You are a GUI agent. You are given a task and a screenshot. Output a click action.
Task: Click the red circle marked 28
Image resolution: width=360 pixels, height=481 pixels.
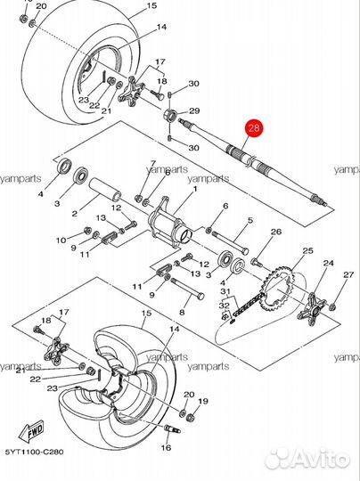253,127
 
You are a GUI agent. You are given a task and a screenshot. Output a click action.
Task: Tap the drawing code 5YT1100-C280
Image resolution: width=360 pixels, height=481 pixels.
35,452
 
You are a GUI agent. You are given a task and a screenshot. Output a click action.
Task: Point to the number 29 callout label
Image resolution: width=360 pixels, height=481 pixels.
194,110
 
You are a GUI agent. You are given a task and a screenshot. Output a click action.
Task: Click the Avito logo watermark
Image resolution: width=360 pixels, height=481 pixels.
307,460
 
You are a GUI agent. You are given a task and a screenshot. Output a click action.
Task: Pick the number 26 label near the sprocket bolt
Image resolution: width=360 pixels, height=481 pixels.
276,232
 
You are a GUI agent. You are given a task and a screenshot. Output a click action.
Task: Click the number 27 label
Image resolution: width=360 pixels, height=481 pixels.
348,274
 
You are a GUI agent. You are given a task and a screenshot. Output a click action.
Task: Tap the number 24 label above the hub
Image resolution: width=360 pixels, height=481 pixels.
328,263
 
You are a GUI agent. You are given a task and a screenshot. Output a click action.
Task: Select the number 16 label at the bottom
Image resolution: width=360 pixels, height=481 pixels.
166,447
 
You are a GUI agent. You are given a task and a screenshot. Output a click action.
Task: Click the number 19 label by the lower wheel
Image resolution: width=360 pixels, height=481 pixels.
203,401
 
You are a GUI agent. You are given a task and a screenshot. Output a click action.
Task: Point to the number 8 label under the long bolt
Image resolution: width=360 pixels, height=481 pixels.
182,313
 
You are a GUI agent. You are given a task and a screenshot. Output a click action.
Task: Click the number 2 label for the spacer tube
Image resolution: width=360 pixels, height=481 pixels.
75,213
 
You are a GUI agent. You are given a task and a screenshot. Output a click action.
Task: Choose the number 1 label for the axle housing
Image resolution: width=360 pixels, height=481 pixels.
195,189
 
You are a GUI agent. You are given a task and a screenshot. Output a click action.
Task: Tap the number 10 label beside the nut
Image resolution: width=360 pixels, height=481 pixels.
61,240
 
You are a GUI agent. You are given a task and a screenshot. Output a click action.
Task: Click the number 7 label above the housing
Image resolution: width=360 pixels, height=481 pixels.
152,163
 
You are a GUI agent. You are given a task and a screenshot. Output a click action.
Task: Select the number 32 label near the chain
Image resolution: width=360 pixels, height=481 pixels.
225,306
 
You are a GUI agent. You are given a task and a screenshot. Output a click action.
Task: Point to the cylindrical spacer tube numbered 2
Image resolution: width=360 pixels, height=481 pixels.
105,190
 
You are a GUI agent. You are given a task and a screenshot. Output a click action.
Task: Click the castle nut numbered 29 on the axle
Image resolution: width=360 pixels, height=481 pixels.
170,116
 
